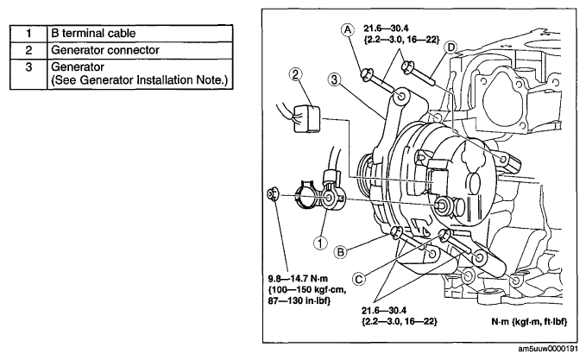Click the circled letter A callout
tap(348, 29)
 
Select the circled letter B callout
tap(340, 252)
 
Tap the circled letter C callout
tap(359, 279)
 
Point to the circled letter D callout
tap(451, 47)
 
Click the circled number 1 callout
tap(320, 243)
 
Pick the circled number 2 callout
tap(295, 74)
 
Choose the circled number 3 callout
tap(334, 79)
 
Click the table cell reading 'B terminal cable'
tap(140, 34)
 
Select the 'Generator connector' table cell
tap(140, 50)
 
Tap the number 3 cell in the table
tap(28, 74)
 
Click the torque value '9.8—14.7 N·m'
tap(298, 279)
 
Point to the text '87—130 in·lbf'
tap(299, 300)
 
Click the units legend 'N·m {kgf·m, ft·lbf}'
tap(529, 321)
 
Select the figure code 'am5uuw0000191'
tap(547, 349)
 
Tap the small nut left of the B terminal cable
tap(272, 194)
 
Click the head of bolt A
tap(366, 73)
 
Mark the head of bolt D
tap(406, 67)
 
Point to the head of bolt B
tap(395, 231)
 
